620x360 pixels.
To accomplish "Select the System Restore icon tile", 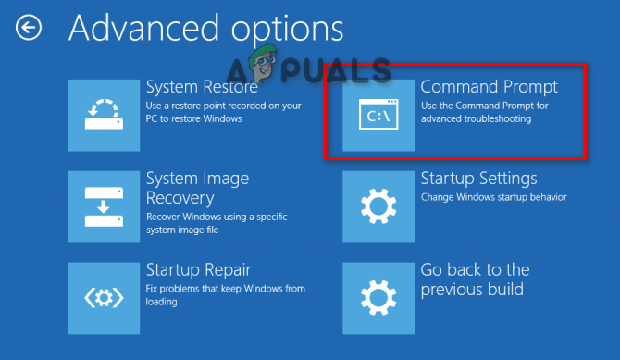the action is pos(104,115).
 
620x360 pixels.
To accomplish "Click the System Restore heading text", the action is pos(202,87).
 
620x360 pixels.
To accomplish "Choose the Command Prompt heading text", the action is pos(489,87).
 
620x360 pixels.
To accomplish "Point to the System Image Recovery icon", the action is pos(104,206).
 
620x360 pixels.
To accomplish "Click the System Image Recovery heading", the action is pos(197,188).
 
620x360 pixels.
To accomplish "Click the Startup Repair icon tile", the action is pos(104,298).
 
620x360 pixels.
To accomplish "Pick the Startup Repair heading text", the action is pos(199,270).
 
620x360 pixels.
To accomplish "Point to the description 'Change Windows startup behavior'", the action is pos(493,197).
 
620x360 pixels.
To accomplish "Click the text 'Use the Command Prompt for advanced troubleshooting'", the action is pos(487,112).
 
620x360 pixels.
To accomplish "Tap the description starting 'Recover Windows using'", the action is pos(215,222).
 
